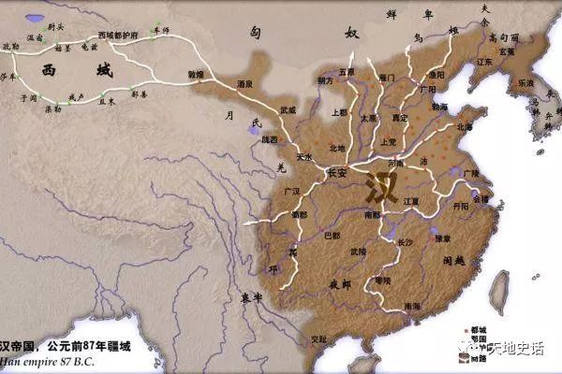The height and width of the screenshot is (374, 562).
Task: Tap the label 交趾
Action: tap(305, 338)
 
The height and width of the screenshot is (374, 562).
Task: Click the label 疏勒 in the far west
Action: tap(10, 45)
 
